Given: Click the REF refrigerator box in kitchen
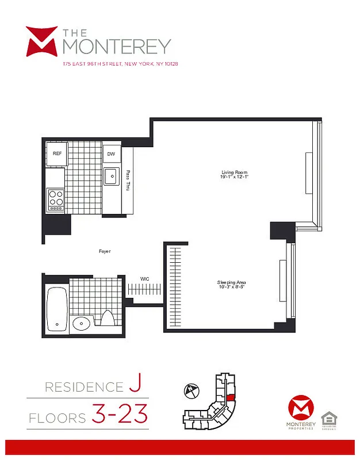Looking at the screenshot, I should click(x=57, y=154).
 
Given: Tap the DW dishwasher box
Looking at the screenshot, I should click(x=111, y=154).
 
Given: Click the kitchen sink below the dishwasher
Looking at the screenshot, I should click(x=111, y=176).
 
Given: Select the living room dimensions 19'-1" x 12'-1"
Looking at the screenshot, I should click(x=233, y=177).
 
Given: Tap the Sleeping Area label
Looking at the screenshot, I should click(x=232, y=282).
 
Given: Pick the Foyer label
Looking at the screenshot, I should click(x=105, y=251).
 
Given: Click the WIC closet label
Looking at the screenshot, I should click(x=145, y=279).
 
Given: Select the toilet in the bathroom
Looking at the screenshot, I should click(x=108, y=319).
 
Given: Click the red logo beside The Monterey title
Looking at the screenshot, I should click(x=41, y=41).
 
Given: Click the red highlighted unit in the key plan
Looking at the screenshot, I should click(x=229, y=397).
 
